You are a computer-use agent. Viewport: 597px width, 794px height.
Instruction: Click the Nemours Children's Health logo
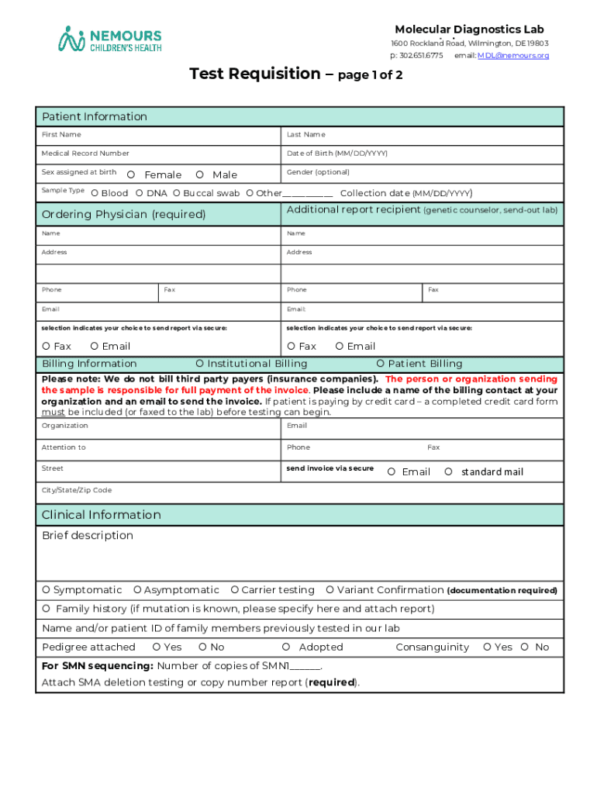(109, 38)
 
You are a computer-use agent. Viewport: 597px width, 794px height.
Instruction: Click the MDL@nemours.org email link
(512, 56)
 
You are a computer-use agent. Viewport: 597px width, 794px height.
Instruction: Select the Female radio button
(130, 174)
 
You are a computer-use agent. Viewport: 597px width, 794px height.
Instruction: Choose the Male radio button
(199, 174)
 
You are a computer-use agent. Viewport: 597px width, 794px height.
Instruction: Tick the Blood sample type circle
(94, 193)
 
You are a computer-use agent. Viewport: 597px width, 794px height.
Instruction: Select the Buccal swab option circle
(177, 193)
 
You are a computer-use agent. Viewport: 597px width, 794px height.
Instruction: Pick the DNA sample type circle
(139, 193)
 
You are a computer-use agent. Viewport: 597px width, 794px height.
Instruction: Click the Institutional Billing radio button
(199, 364)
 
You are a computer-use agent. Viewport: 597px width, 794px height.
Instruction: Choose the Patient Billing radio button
(380, 364)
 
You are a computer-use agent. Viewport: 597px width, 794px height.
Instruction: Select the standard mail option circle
(448, 471)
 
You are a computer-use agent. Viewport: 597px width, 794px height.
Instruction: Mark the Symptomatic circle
(47, 590)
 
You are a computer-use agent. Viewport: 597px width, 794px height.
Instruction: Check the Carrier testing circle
(235, 590)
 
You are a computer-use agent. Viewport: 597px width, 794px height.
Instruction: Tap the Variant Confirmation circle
(330, 590)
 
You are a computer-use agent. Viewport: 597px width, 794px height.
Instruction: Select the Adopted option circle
(286, 647)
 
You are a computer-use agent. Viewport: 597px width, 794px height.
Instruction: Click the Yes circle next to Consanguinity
(487, 647)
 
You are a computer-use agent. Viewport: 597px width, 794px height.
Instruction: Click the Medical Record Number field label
(85, 154)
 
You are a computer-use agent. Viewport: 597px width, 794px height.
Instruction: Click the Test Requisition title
(255, 74)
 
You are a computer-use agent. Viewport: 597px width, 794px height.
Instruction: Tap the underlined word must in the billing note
(53, 412)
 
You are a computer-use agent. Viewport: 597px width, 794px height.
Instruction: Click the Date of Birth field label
(336, 154)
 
